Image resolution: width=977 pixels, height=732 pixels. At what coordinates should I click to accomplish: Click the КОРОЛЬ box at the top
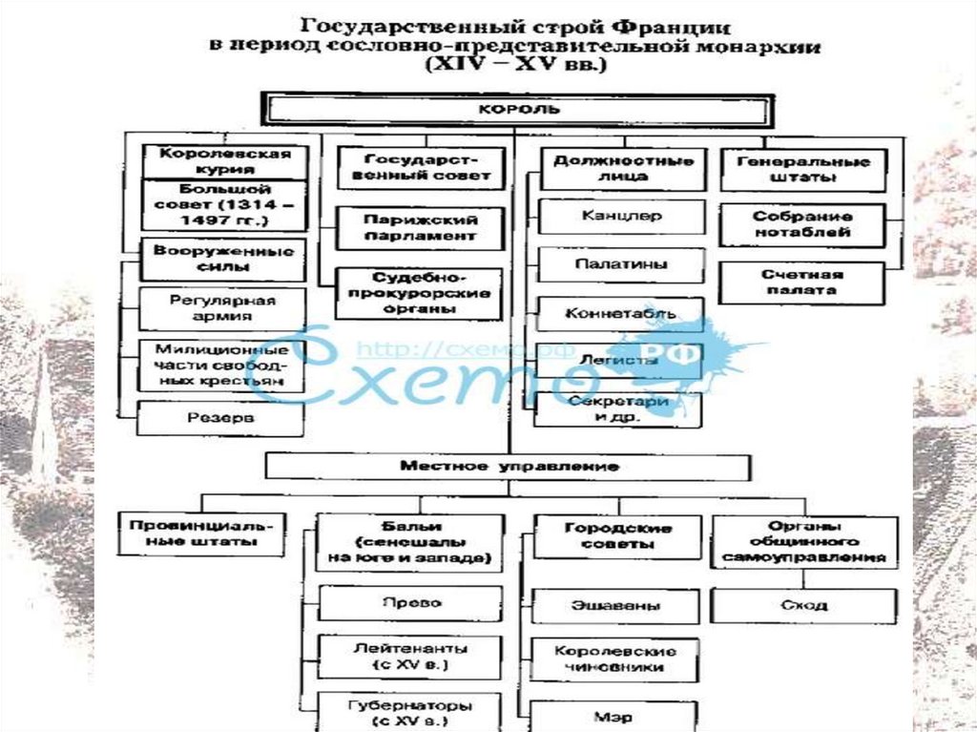click(x=518, y=109)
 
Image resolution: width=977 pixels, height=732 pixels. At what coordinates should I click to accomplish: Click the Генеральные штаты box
click(x=801, y=169)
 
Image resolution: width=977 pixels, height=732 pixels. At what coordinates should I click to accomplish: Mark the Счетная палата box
click(x=803, y=282)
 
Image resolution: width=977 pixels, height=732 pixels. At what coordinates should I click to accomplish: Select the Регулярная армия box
click(x=223, y=308)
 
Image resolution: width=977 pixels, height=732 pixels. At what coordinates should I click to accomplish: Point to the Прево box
click(x=411, y=604)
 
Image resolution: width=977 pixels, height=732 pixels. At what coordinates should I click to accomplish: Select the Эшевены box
click(x=615, y=605)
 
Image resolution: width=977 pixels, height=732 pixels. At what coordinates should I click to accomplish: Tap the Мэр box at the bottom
click(x=615, y=716)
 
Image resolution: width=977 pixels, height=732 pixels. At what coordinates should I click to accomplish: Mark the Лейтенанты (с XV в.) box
click(x=411, y=656)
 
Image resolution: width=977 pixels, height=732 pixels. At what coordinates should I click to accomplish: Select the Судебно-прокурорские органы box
click(x=420, y=294)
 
